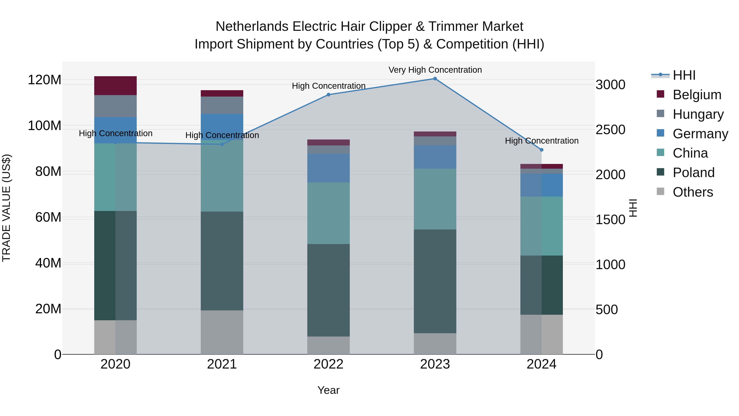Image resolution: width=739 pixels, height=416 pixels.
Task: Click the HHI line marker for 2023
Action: click(x=435, y=79)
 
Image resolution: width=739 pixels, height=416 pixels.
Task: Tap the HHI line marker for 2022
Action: click(x=328, y=95)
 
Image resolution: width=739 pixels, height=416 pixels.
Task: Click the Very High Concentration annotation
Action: click(x=435, y=70)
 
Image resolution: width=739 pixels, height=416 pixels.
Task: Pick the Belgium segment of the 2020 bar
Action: click(x=115, y=85)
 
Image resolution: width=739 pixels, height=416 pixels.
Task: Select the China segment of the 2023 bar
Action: click(x=435, y=199)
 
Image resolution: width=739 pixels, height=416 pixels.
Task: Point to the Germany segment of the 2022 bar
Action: click(x=328, y=168)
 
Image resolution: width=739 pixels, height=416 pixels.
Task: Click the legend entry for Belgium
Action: click(x=697, y=95)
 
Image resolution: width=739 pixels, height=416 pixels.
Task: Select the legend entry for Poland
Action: click(x=693, y=173)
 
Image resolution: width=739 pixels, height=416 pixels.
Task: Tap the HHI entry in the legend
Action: click(x=684, y=75)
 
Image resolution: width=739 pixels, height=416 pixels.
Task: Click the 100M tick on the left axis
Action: click(x=45, y=126)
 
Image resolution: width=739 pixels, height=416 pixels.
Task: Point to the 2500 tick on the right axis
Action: click(x=610, y=130)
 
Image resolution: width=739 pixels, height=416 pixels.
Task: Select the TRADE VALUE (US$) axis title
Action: click(x=6, y=208)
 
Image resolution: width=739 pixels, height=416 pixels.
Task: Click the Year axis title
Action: click(x=328, y=390)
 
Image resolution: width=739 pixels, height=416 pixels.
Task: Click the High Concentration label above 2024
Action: click(x=541, y=141)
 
